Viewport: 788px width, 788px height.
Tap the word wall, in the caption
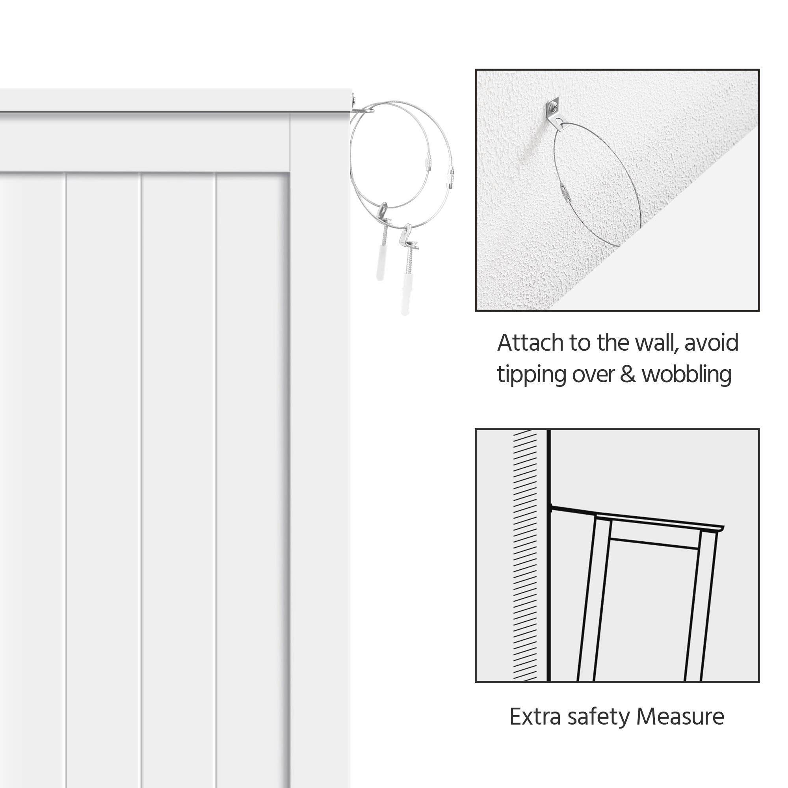tap(657, 343)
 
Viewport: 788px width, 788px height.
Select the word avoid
tap(712, 343)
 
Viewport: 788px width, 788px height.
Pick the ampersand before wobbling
tap(628, 374)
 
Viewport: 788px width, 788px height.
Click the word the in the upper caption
tap(613, 343)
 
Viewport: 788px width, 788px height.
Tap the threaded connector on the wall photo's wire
tap(564, 190)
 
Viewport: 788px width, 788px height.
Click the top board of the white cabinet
tap(175, 100)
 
